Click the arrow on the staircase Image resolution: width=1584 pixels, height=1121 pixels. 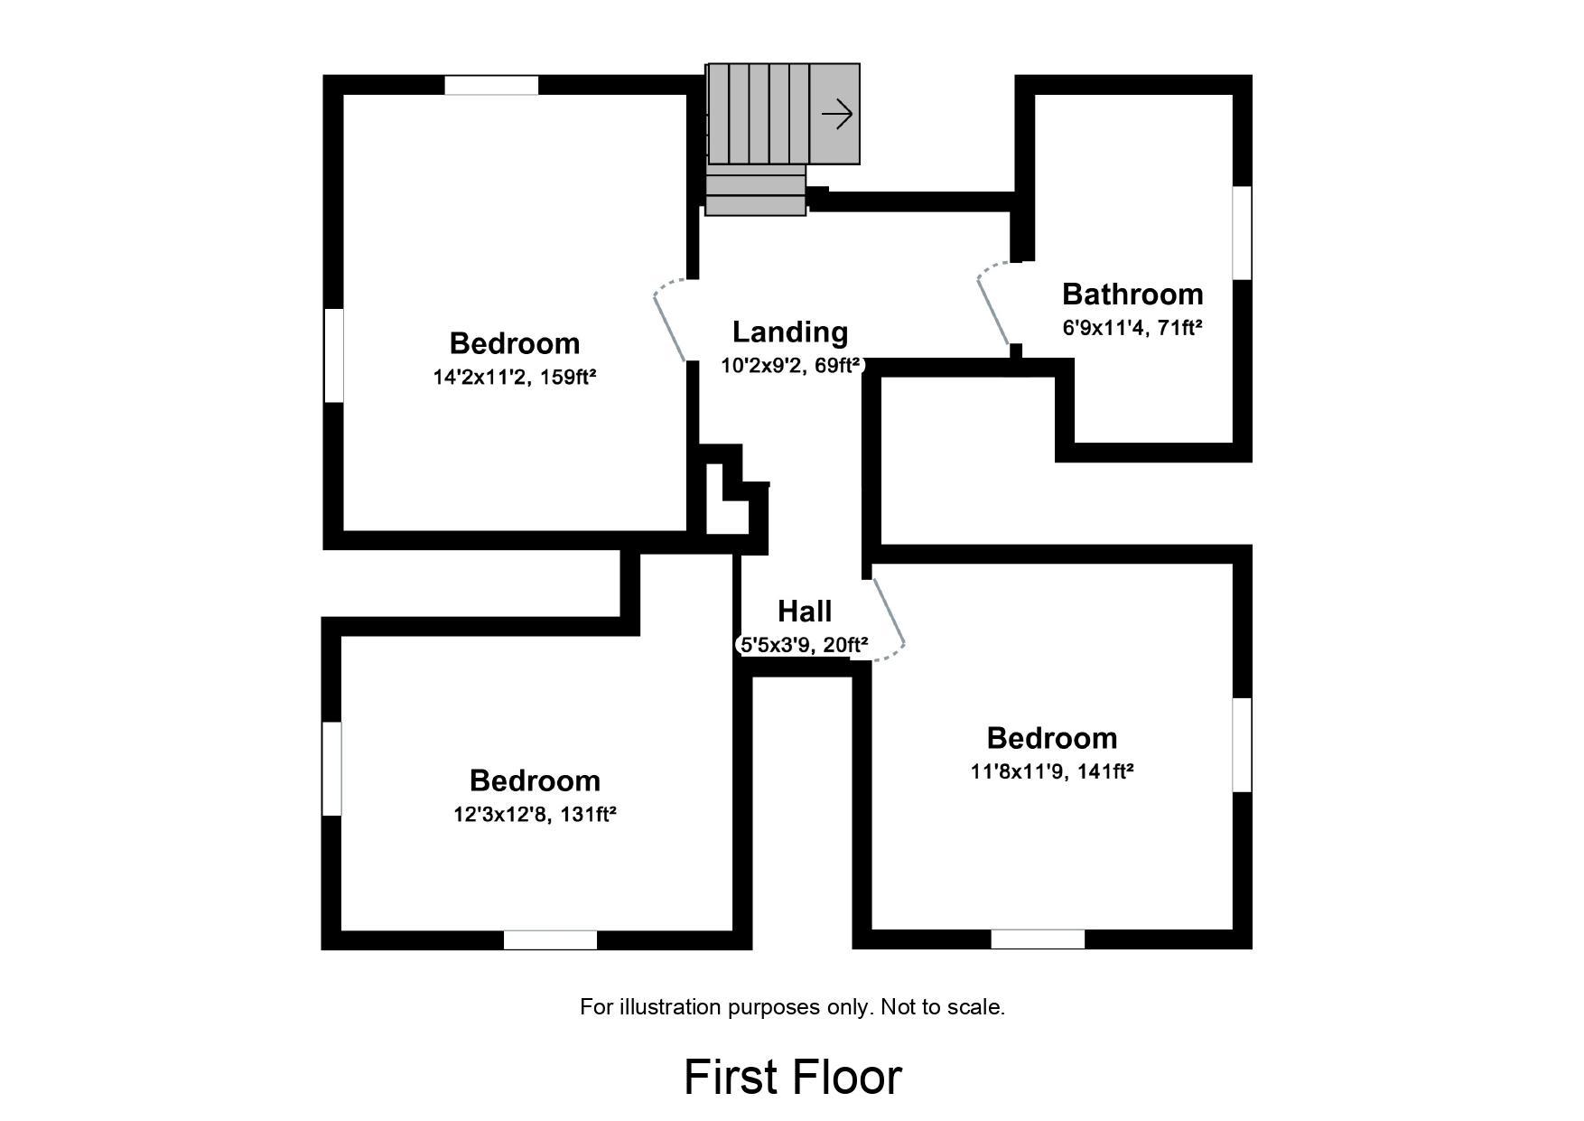(x=837, y=115)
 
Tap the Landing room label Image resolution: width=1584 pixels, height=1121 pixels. (x=790, y=332)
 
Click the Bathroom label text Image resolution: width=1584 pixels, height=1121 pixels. (x=1132, y=294)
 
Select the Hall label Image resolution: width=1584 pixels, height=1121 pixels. (x=805, y=612)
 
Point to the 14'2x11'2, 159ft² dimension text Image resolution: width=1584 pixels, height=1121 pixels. (x=515, y=378)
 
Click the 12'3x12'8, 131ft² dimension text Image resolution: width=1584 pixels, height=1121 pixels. (x=535, y=815)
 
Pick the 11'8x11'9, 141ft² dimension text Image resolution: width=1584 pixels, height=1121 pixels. (x=1052, y=771)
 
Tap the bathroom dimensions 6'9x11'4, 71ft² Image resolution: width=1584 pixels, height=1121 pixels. (x=1132, y=328)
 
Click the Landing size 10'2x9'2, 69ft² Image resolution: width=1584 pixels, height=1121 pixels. (x=790, y=366)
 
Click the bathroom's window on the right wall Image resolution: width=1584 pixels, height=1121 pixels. (x=1243, y=233)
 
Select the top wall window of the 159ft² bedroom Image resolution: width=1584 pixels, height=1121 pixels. (x=491, y=86)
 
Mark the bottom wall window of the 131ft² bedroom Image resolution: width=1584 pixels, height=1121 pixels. (x=550, y=940)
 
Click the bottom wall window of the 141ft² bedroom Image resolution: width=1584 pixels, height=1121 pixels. (x=1038, y=940)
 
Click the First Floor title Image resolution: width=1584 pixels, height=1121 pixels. (x=793, y=1078)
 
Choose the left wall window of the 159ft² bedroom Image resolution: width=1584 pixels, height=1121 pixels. (x=333, y=356)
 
